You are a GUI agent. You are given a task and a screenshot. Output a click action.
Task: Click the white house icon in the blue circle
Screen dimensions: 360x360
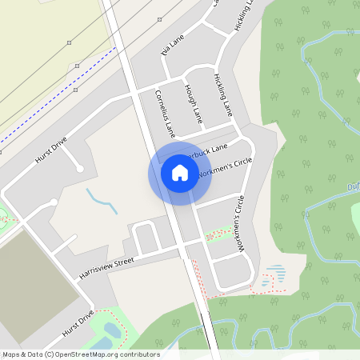(179, 173)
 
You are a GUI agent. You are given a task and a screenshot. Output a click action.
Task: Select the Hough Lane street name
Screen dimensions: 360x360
(194, 103)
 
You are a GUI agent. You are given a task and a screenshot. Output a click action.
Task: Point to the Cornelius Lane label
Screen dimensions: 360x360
(165, 112)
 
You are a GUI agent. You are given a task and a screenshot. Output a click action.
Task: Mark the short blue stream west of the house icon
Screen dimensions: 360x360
(102, 201)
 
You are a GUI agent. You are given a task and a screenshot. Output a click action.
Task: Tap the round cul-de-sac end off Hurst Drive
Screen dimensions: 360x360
(78, 168)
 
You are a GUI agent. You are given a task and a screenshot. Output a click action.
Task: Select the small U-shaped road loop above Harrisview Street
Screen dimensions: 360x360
(146, 235)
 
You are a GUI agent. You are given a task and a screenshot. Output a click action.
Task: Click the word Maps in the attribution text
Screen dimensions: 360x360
(11, 354)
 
